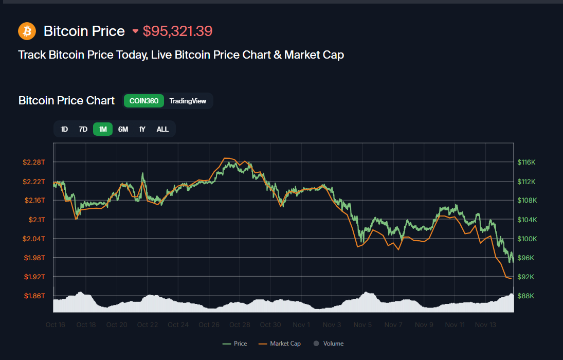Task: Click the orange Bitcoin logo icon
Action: (27, 31)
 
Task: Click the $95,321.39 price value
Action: (177, 31)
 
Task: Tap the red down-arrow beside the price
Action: (135, 31)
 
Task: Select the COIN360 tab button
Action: (144, 101)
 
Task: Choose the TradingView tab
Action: (188, 101)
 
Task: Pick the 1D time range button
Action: (64, 129)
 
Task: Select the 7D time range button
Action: (83, 129)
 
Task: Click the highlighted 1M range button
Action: (103, 129)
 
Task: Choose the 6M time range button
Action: (123, 129)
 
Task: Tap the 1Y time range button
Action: (142, 129)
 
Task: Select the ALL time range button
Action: (162, 129)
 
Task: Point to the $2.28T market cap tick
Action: (34, 163)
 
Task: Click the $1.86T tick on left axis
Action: (34, 296)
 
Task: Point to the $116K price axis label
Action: (526, 163)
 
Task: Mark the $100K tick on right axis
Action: (526, 239)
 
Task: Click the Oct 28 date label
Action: (240, 325)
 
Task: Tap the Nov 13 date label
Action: (485, 325)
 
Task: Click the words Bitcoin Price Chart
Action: (66, 101)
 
